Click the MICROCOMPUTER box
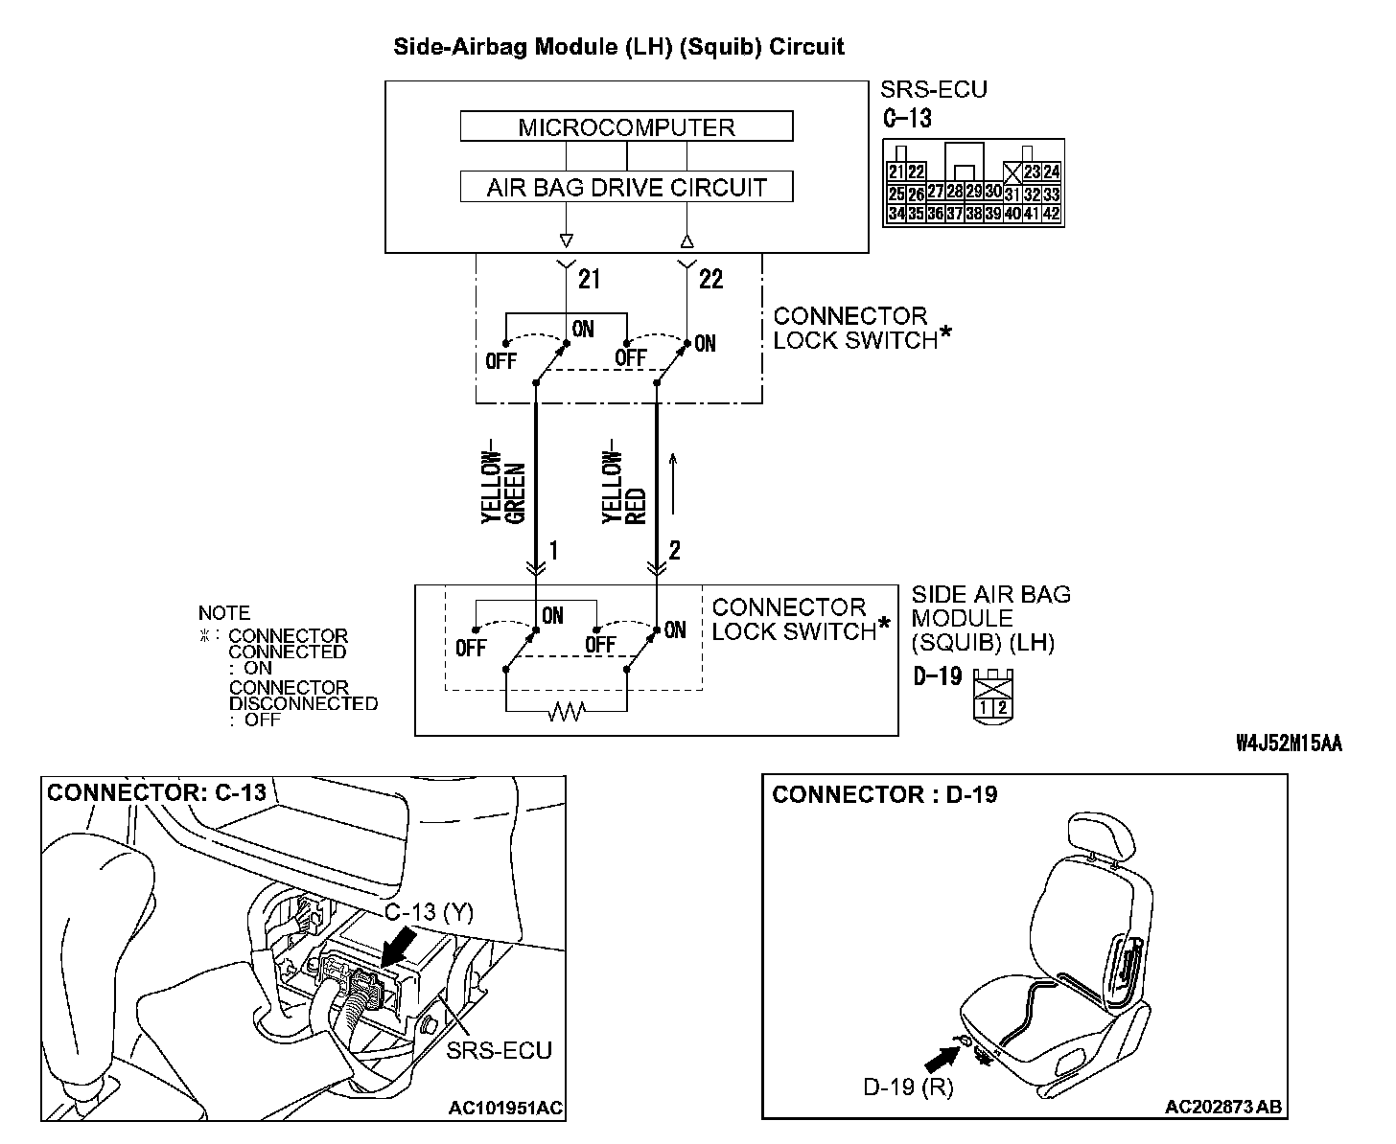point(626,127)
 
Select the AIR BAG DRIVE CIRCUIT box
point(626,187)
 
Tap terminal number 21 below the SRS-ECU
point(589,279)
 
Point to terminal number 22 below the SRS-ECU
point(710,279)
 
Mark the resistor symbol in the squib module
point(566,712)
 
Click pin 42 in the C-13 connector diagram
point(1051,214)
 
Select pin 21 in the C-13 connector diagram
point(896,172)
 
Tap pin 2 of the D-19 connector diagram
point(1002,708)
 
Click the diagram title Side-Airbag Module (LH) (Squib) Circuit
point(619,47)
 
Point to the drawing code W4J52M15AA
point(1288,744)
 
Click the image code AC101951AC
point(505,1109)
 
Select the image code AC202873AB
point(1223,1108)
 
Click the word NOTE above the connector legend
point(224,613)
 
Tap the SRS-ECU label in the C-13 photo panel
point(499,1050)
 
